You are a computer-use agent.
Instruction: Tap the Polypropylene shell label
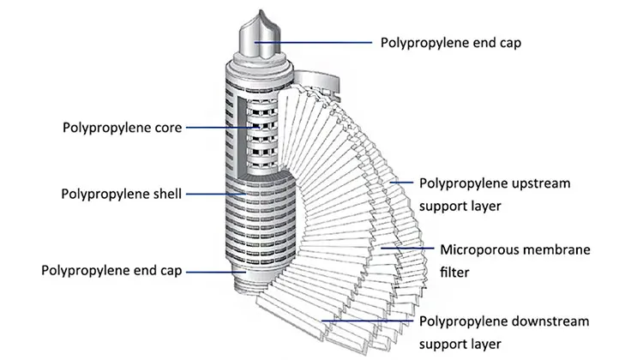121,194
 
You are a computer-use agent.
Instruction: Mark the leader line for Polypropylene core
225,128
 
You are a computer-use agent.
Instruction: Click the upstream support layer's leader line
401,183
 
